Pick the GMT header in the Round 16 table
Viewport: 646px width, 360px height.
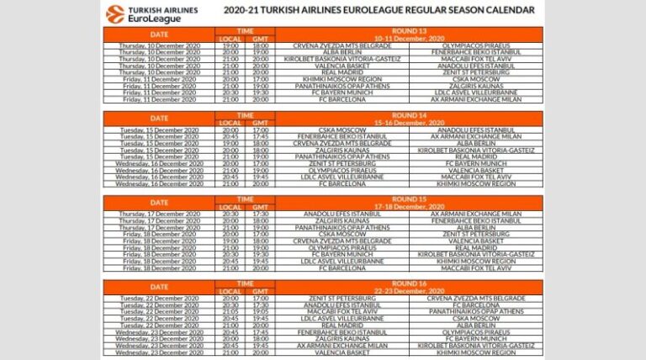(260, 290)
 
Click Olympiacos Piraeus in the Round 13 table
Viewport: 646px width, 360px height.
(475, 45)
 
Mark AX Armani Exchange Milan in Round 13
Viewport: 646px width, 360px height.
(475, 99)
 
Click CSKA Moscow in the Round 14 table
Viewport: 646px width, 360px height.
(342, 130)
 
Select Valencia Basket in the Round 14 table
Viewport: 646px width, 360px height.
(475, 170)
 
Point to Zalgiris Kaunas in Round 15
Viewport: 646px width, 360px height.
(342, 220)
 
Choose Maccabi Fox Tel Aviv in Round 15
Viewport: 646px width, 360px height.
(475, 267)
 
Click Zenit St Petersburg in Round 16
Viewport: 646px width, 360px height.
(342, 298)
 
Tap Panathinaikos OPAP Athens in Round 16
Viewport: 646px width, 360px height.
(475, 311)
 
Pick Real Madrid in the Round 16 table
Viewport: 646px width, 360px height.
(342, 325)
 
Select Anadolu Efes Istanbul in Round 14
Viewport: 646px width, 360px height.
(475, 130)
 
